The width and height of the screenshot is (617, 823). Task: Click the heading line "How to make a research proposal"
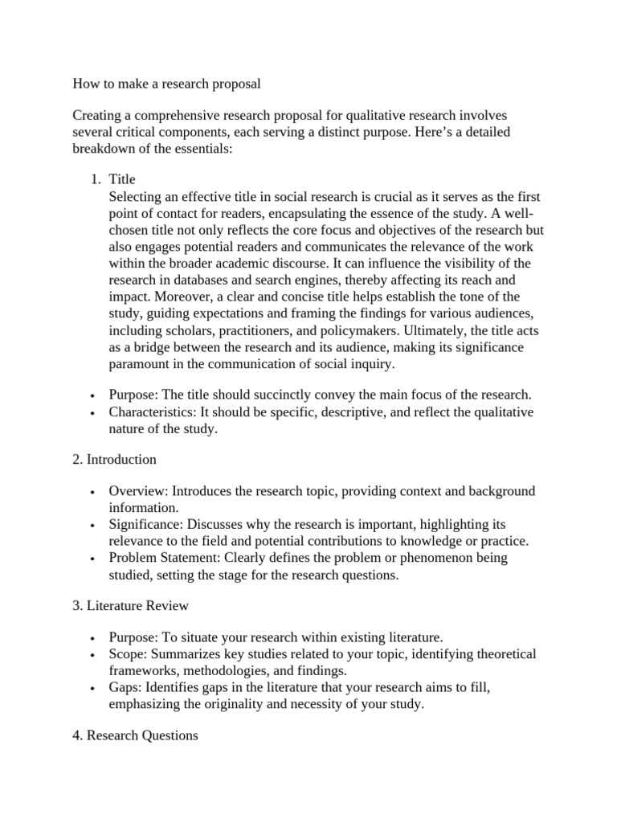point(167,83)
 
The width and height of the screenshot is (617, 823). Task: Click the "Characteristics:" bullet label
point(152,412)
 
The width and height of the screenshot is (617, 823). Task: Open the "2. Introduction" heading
point(114,460)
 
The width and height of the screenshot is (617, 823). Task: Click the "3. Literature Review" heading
point(130,605)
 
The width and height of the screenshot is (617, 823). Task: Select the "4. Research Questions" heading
point(135,735)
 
